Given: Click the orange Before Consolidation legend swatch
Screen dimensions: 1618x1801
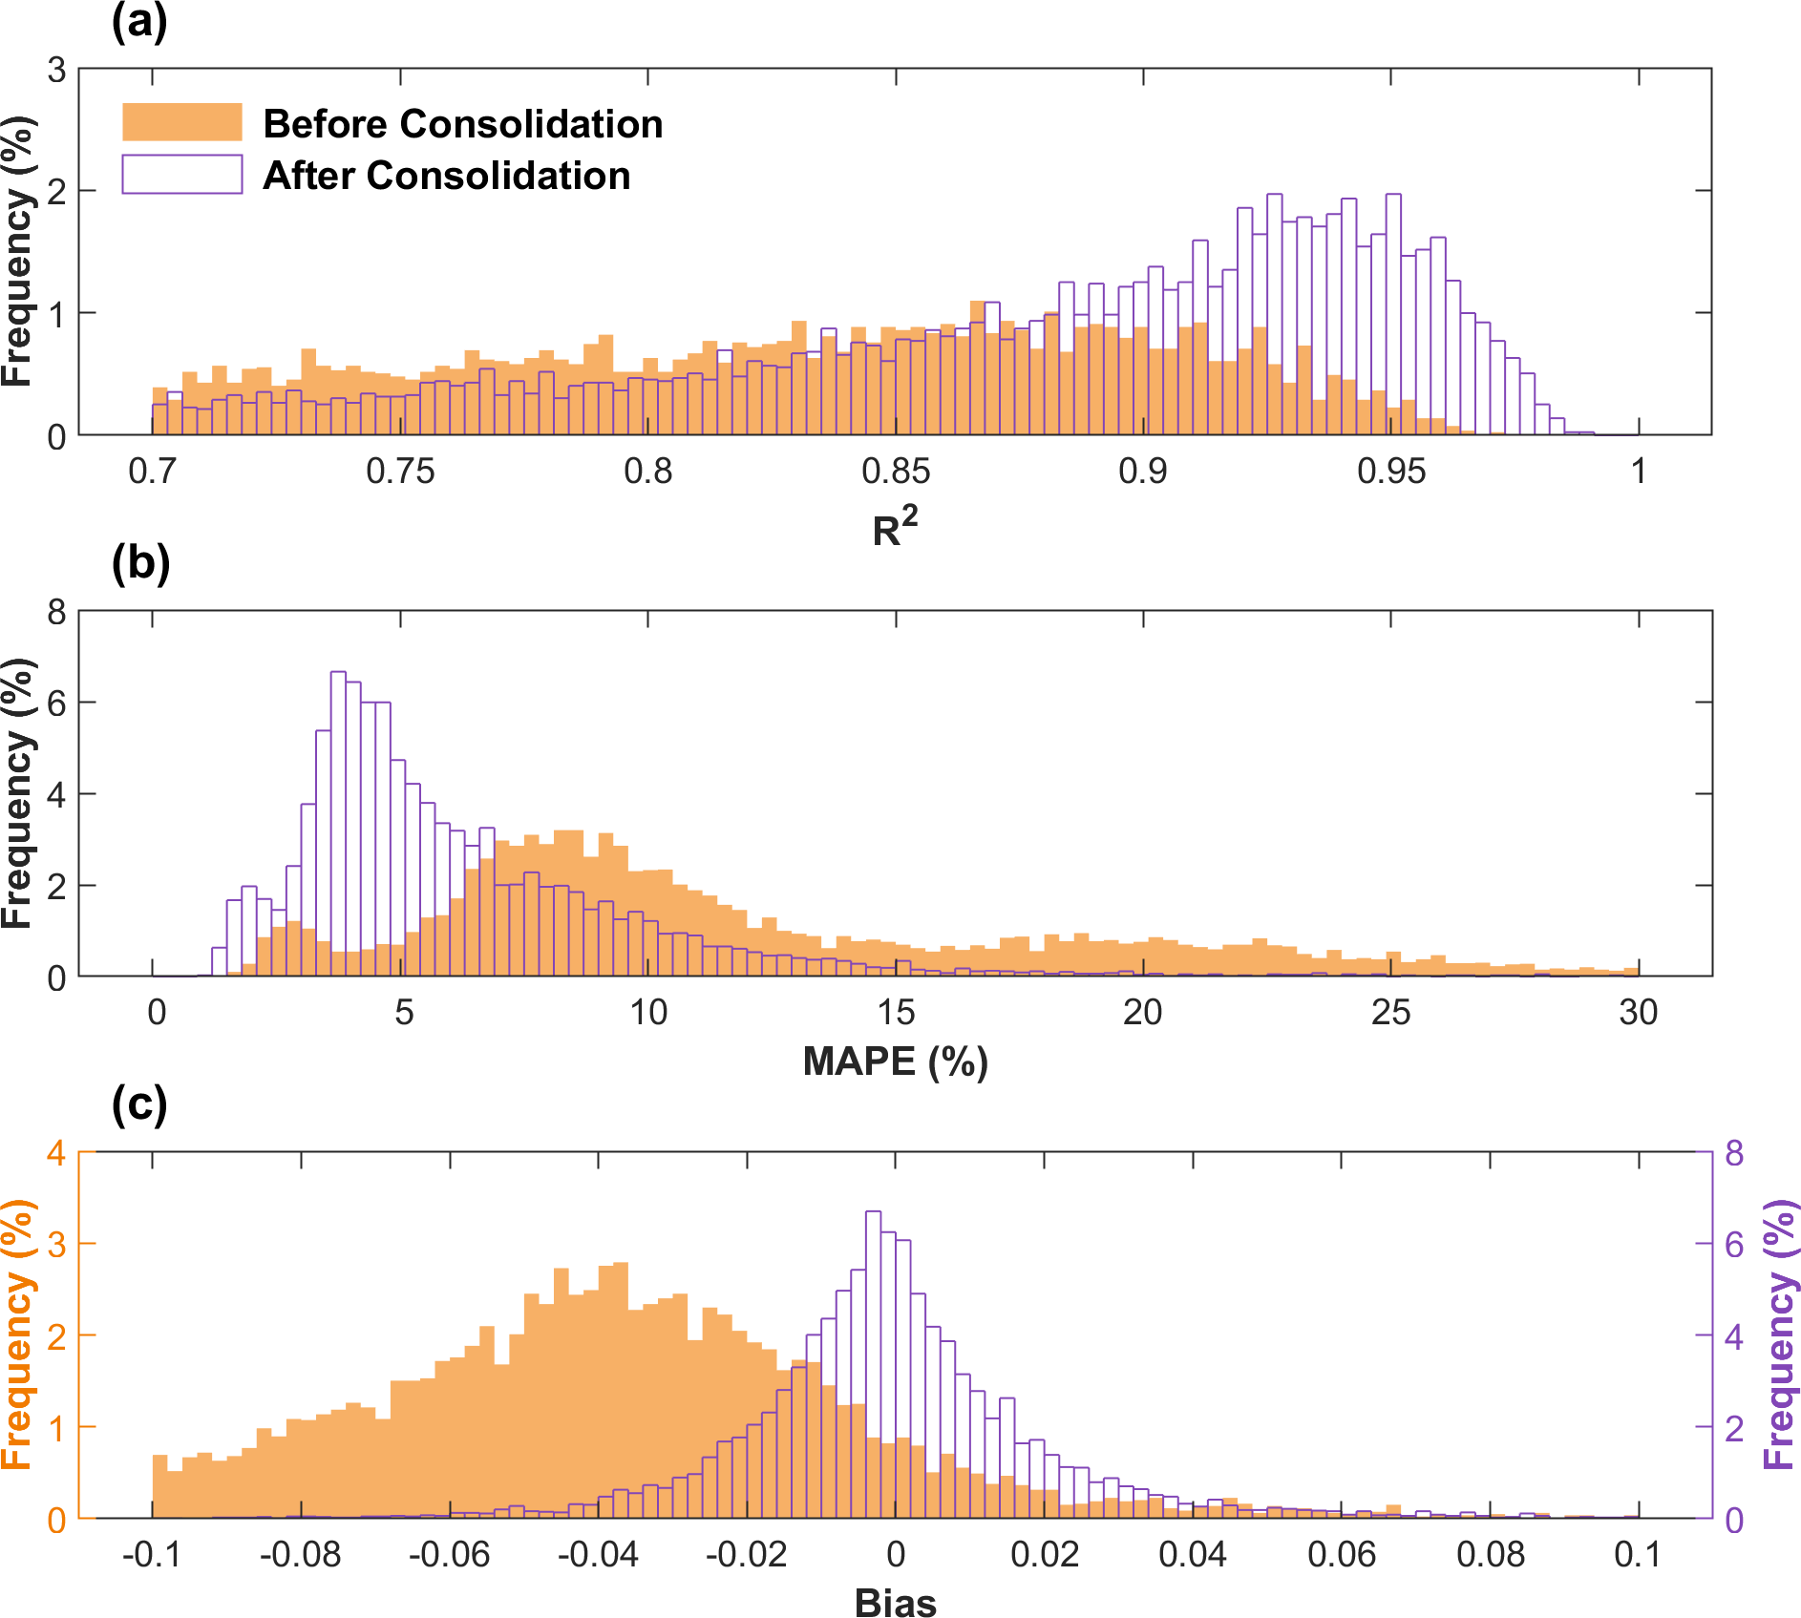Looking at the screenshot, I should pos(181,122).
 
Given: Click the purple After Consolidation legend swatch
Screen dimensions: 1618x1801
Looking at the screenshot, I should pos(181,175).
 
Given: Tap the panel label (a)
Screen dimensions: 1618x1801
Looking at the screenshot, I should pos(139,21).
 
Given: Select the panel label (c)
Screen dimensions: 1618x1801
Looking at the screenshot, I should pos(139,1104).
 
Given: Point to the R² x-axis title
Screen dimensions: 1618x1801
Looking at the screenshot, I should pos(895,528).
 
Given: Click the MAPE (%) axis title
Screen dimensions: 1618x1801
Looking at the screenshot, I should pos(895,1061).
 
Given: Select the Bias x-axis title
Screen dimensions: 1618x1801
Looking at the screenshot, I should pos(895,1603).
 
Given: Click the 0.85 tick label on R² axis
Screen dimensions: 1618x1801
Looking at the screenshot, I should pos(895,471).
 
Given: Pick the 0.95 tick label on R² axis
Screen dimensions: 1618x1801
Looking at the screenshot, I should pos(1390,471).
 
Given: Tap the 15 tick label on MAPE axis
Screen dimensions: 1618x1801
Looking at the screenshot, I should pos(895,1012).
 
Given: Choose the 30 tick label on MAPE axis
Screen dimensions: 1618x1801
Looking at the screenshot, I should pos(1638,1012).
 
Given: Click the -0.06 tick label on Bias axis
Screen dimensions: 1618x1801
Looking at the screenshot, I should pos(449,1554).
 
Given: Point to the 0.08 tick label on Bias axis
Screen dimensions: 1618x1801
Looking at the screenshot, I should pos(1490,1554).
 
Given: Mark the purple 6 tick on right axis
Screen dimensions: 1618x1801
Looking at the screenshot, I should pos(1734,1245).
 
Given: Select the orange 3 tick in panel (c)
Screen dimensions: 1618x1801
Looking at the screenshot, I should pos(56,1245).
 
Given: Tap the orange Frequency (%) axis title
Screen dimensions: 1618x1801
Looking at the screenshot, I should pos(17,1334).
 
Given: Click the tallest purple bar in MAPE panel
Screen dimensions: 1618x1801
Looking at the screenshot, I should pos(338,821).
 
